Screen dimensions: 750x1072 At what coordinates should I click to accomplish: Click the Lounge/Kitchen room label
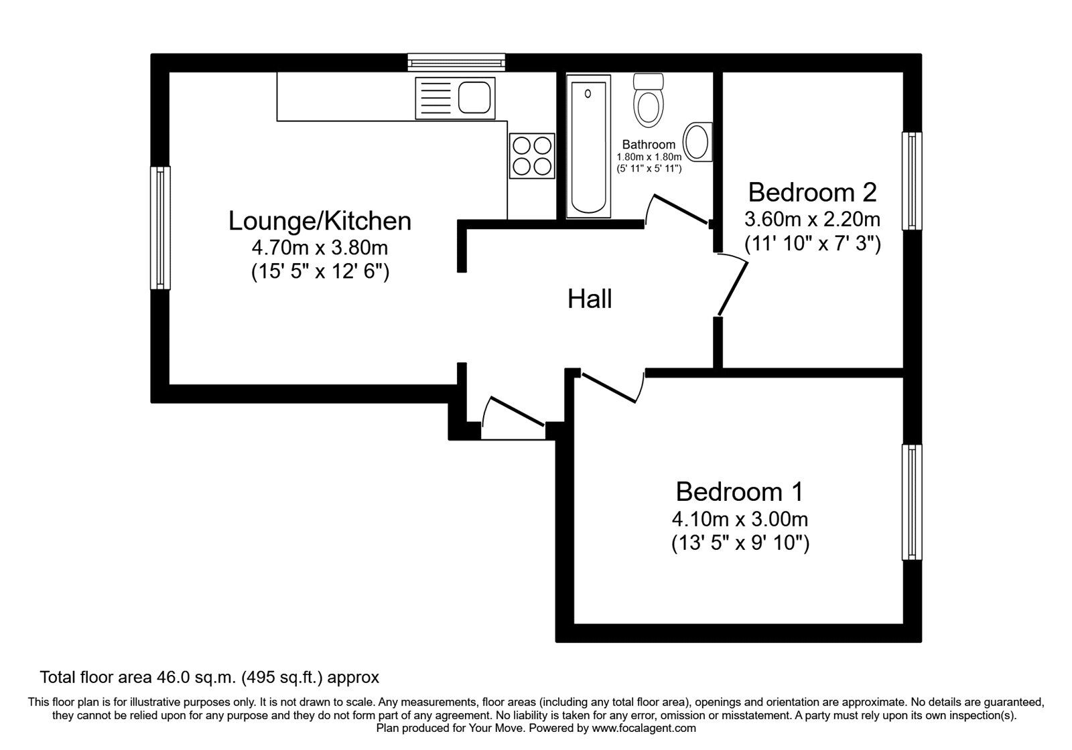[x=320, y=221]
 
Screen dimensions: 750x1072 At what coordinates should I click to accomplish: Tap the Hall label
[x=590, y=299]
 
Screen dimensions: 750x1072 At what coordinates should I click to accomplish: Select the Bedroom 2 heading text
[x=812, y=193]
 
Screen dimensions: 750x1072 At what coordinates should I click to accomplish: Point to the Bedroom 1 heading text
[x=740, y=492]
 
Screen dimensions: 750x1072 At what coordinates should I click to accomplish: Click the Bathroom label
[x=649, y=145]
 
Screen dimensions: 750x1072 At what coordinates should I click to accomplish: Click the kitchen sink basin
[x=476, y=98]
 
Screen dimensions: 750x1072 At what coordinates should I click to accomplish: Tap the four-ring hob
[x=532, y=155]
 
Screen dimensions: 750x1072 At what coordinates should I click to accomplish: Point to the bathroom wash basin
[x=699, y=142]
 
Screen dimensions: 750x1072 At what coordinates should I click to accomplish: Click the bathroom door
[x=680, y=209]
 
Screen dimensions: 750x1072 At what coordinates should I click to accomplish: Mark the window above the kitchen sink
[x=457, y=63]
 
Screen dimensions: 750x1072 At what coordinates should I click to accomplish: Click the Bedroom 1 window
[x=911, y=502]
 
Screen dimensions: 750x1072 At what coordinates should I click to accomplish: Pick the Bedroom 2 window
[x=911, y=181]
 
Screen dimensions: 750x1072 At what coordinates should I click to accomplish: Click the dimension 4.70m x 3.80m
[x=320, y=248]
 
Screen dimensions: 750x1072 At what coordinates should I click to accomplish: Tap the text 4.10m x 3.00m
[x=740, y=519]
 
